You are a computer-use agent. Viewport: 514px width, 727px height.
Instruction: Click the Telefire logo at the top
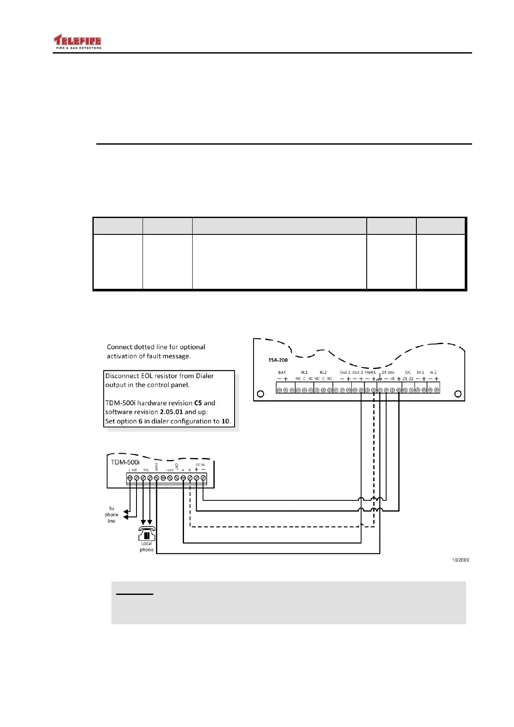[x=77, y=42]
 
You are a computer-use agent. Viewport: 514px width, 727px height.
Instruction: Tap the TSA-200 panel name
[x=278, y=360]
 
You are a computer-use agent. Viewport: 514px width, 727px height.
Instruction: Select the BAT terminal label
[x=282, y=372]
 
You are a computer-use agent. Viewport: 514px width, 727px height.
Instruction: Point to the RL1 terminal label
[x=304, y=372]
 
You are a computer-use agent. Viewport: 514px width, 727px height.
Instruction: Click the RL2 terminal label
[x=323, y=372]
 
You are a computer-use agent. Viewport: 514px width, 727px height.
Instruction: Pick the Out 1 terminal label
[x=345, y=372]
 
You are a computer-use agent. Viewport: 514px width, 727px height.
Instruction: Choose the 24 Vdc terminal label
[x=388, y=372]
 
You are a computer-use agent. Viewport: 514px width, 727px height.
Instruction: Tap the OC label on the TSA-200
[x=408, y=372]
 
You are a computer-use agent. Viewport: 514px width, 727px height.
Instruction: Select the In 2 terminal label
[x=433, y=372]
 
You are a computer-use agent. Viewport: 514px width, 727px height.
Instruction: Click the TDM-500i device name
[x=125, y=462]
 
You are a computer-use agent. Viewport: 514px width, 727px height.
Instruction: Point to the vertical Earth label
[x=156, y=467]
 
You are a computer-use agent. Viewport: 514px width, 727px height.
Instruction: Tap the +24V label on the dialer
[x=169, y=470]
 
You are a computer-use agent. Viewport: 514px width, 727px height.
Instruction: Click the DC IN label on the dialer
[x=200, y=465]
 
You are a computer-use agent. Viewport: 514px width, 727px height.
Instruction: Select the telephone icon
[x=146, y=534]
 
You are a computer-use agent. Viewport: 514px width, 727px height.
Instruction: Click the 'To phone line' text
[x=111, y=515]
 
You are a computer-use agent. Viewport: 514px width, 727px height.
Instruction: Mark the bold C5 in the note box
[x=198, y=403]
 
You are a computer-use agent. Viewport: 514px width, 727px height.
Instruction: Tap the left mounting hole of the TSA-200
[x=260, y=394]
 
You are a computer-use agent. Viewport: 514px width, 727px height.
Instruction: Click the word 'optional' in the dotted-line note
[x=192, y=347]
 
